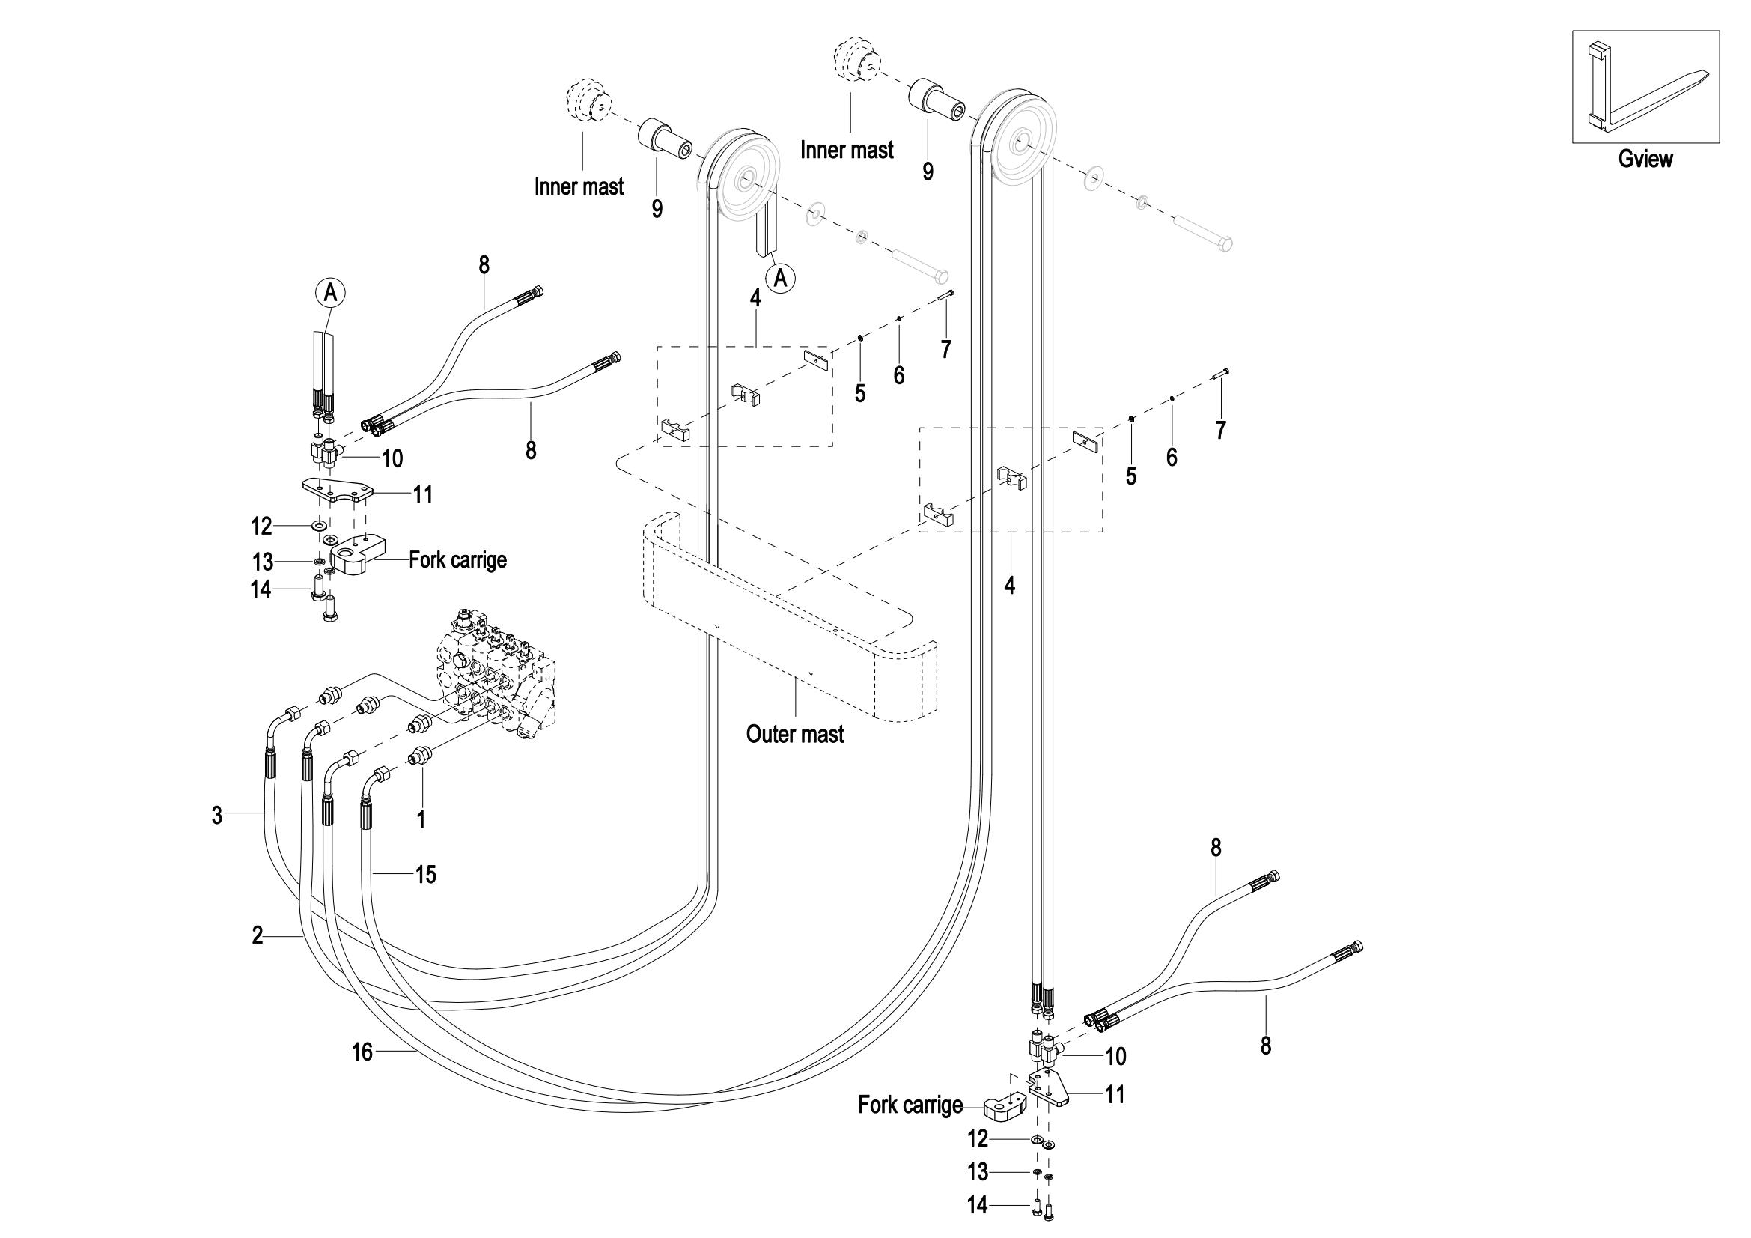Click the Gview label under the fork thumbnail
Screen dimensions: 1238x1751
[1645, 160]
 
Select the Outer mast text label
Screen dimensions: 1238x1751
[795, 735]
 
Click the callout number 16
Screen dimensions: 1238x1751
[362, 1053]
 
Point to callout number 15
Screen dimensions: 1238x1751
[425, 874]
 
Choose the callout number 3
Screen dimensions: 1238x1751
[217, 816]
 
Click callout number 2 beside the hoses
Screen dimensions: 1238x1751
[258, 935]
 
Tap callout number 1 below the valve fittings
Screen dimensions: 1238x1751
[420, 820]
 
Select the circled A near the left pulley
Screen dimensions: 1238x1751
[781, 279]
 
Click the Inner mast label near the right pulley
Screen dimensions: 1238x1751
[847, 151]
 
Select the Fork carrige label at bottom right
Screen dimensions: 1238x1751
[910, 1105]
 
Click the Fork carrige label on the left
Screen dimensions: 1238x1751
[457, 560]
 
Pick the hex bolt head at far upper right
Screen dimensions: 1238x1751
[1225, 245]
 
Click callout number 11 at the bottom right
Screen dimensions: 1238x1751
[1115, 1096]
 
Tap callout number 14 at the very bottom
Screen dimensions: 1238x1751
[977, 1205]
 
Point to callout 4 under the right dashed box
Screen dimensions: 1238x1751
[1010, 586]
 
